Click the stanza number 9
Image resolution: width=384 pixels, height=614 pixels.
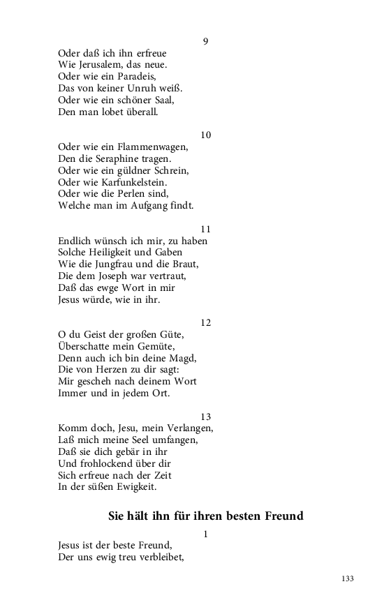[x=205, y=41]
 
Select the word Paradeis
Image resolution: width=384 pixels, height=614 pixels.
[x=135, y=76]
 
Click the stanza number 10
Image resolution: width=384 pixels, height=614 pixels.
[x=205, y=135]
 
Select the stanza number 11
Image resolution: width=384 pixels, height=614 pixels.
[x=205, y=229]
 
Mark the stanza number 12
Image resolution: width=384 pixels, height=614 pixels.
[x=205, y=323]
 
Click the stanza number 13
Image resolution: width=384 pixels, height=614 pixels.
[x=205, y=417]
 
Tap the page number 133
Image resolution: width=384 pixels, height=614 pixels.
[x=348, y=578]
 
